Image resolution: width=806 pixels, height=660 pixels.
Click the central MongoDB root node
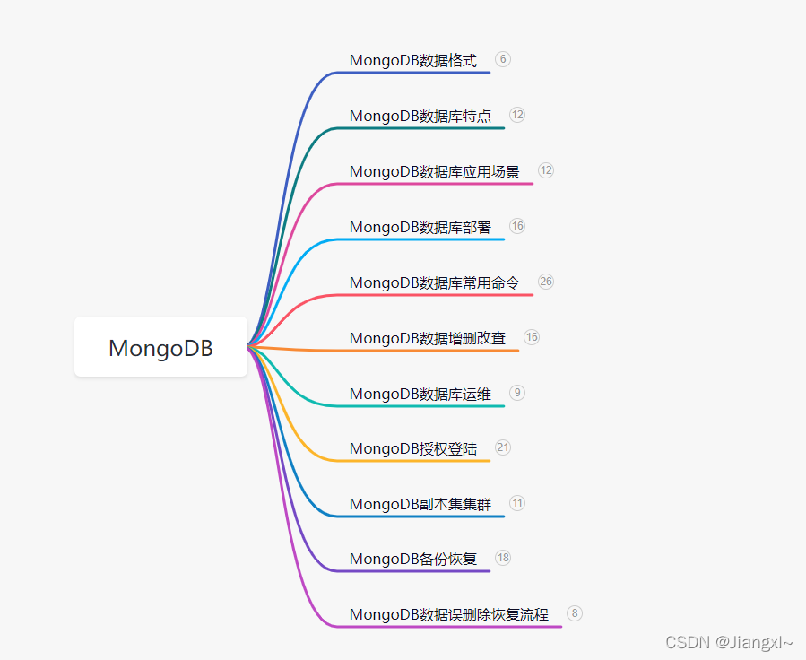tap(160, 347)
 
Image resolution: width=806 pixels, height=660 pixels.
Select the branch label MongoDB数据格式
tap(412, 61)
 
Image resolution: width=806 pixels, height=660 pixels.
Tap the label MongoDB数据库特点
tap(420, 117)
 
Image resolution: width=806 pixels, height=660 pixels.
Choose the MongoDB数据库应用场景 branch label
tap(434, 172)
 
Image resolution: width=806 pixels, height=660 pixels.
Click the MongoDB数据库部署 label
tap(420, 228)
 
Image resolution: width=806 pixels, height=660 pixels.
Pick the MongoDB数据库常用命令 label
tap(434, 283)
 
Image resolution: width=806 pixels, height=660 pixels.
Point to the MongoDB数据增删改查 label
tap(427, 339)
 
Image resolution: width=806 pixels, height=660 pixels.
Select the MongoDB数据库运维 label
tap(420, 395)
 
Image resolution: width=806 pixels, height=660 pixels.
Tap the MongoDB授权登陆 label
tap(412, 449)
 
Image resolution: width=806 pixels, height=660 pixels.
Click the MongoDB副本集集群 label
tap(420, 505)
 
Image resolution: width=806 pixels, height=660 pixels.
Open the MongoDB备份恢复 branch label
tap(412, 560)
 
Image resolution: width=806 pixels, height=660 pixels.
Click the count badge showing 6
tap(502, 59)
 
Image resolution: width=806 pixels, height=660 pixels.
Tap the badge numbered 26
tap(546, 282)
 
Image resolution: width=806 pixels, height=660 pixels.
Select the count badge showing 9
tap(517, 393)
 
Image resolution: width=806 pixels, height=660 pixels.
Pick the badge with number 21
tap(503, 447)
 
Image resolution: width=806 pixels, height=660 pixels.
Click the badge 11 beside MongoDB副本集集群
tap(517, 503)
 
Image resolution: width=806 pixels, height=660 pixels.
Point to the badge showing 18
tap(503, 558)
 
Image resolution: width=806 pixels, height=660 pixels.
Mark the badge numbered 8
tap(575, 613)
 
